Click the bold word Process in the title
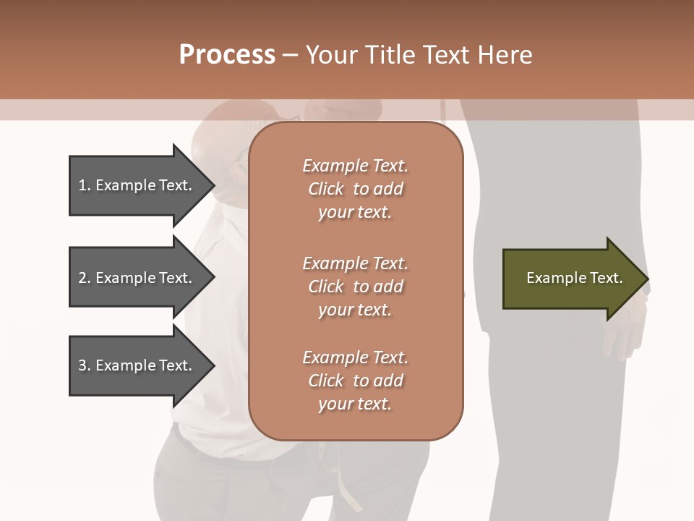coord(227,55)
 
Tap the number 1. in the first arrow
coord(84,185)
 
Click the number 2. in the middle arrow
coord(84,278)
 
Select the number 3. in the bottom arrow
coord(84,365)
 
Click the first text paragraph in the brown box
coord(355,189)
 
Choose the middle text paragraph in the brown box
coord(355,287)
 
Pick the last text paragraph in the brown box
coord(355,381)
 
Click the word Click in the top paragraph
coord(325,189)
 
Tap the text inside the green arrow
coord(574,278)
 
